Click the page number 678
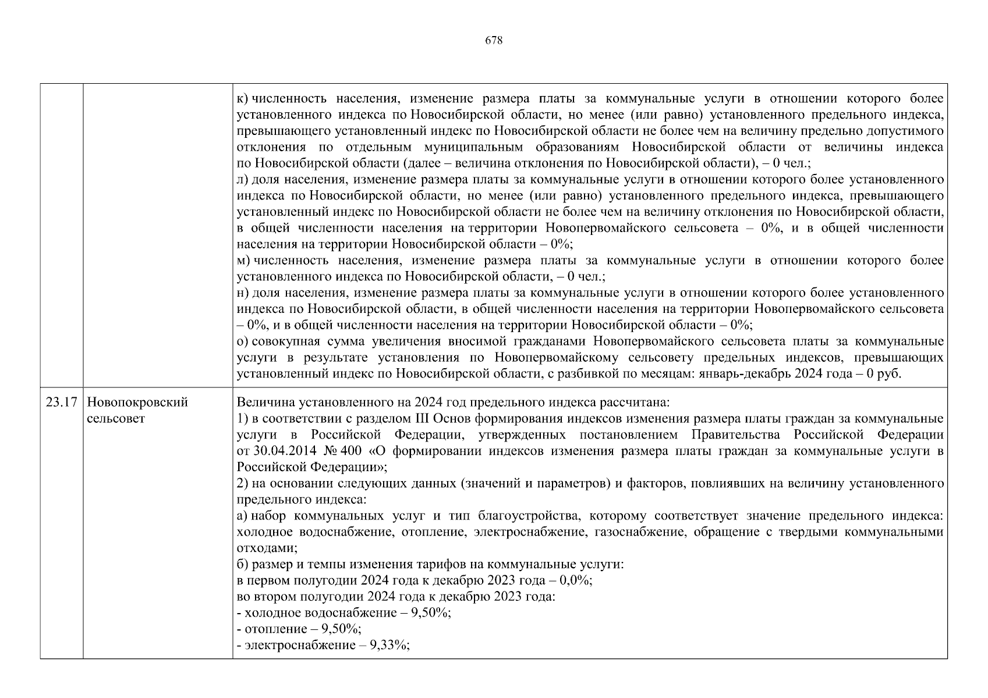(493, 41)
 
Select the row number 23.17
(61, 403)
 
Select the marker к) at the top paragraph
(243, 99)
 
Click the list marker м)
(244, 260)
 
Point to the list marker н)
(243, 293)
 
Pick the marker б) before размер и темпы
(243, 564)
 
